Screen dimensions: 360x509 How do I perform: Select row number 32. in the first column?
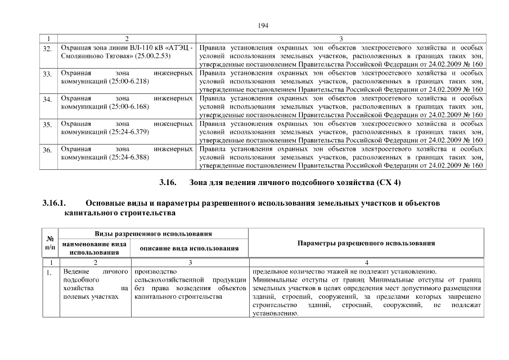pos(48,49)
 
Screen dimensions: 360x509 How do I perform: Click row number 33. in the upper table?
pos(48,74)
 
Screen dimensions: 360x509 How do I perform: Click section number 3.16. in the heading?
pos(168,183)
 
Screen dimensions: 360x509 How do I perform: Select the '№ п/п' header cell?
pos(49,243)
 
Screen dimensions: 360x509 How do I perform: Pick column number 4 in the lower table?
pos(366,263)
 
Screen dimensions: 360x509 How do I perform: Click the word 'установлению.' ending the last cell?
pos(275,313)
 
